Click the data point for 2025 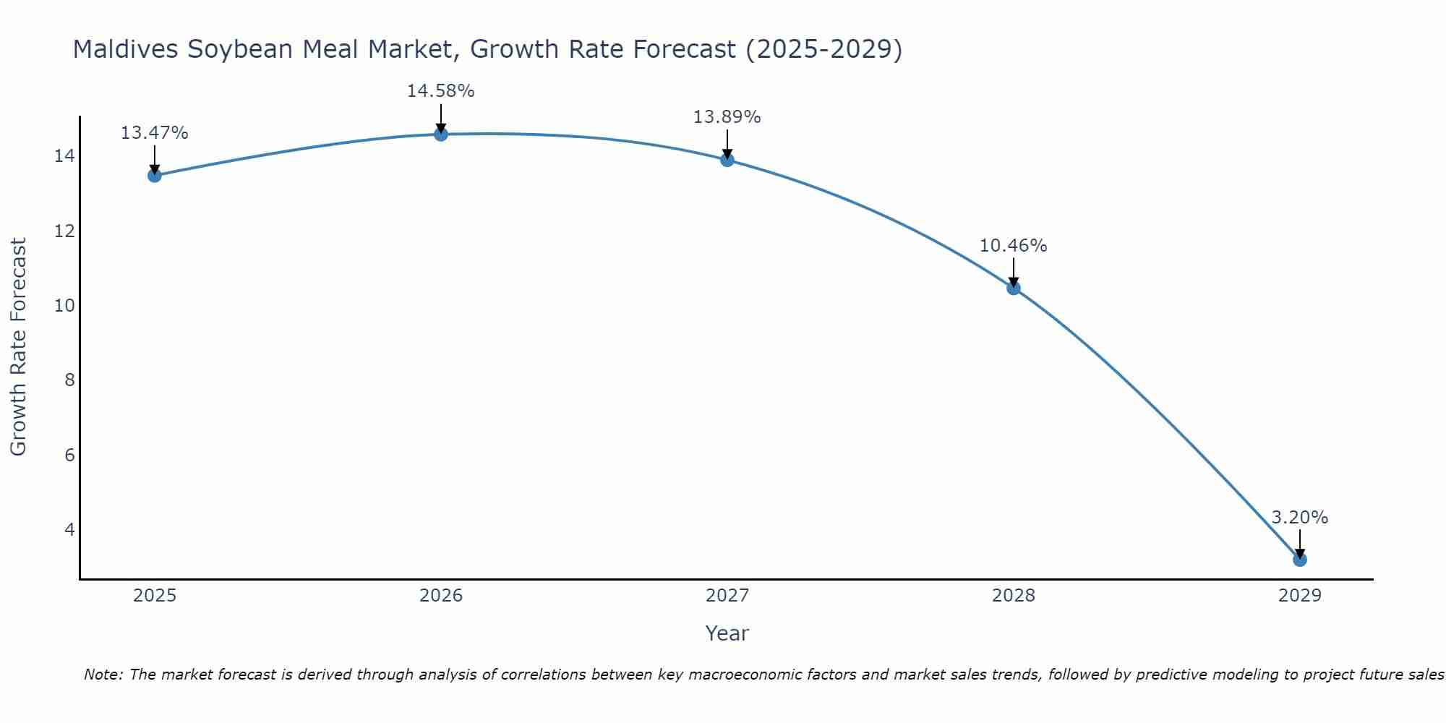154,175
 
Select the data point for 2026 441,134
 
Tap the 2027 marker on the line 727,160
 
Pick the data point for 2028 1014,288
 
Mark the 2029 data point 1300,560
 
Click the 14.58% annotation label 440,91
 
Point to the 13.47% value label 154,133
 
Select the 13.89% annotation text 727,117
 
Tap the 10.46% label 1013,246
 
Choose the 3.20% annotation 1299,518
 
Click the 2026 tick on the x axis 441,596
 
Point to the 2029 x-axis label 1300,596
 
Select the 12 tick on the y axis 64,231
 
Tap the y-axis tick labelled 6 69,455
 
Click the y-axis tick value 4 69,529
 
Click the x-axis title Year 727,633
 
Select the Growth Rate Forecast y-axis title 18,347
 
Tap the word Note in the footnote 103,675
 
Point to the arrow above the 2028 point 1014,272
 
